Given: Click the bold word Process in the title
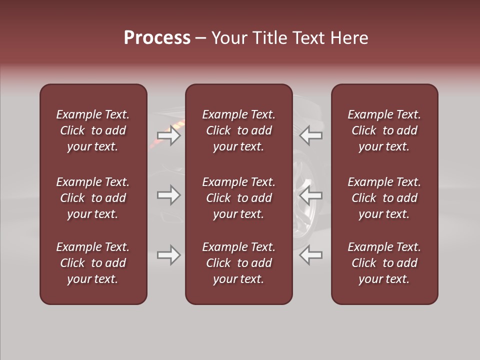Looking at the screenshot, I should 157,38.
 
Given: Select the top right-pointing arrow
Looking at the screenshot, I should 168,135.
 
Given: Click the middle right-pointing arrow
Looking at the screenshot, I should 168,195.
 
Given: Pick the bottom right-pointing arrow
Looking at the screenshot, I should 168,255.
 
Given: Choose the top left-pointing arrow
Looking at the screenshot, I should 310,135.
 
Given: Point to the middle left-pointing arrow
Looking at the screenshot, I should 310,195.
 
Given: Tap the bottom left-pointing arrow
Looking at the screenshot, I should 310,255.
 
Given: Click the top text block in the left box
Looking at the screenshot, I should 93,130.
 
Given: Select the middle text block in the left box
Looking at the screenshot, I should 93,198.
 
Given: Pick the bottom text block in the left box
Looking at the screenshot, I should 93,263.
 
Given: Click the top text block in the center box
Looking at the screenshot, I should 238,130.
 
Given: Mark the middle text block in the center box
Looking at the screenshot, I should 238,198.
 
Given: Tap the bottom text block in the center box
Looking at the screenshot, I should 238,263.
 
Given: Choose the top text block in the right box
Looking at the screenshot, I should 384,130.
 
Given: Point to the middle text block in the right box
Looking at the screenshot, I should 384,198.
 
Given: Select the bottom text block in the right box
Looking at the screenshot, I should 384,263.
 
